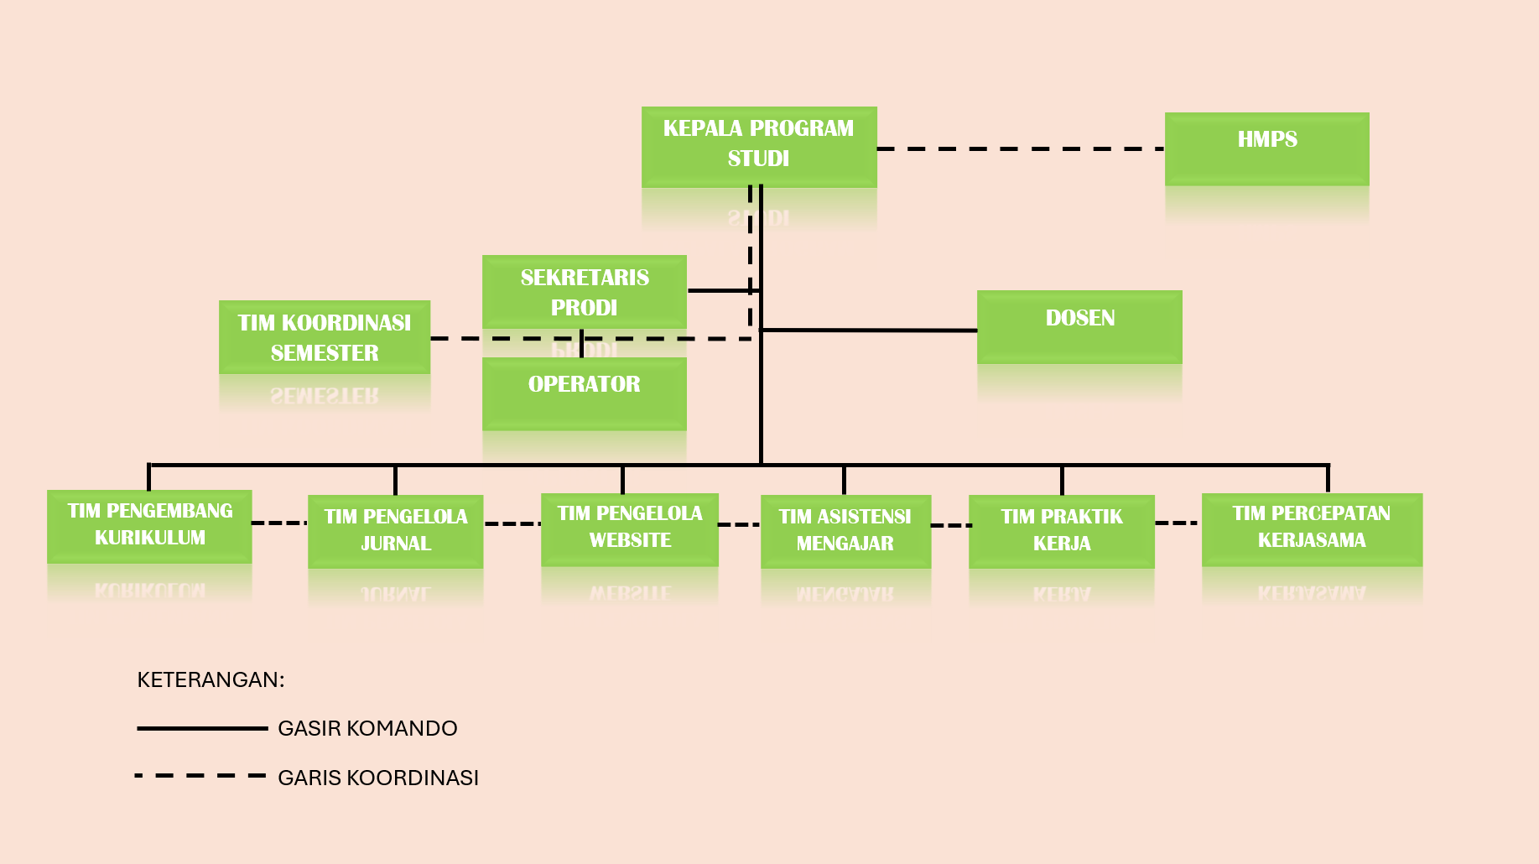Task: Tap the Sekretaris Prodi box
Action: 584,291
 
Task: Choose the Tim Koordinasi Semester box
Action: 325,336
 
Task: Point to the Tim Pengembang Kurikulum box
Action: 149,525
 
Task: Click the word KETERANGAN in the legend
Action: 211,679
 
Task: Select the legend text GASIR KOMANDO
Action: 367,728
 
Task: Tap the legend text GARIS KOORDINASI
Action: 377,778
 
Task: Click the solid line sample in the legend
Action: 202,728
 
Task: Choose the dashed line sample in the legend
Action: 201,776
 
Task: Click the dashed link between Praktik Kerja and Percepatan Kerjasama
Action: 1178,523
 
